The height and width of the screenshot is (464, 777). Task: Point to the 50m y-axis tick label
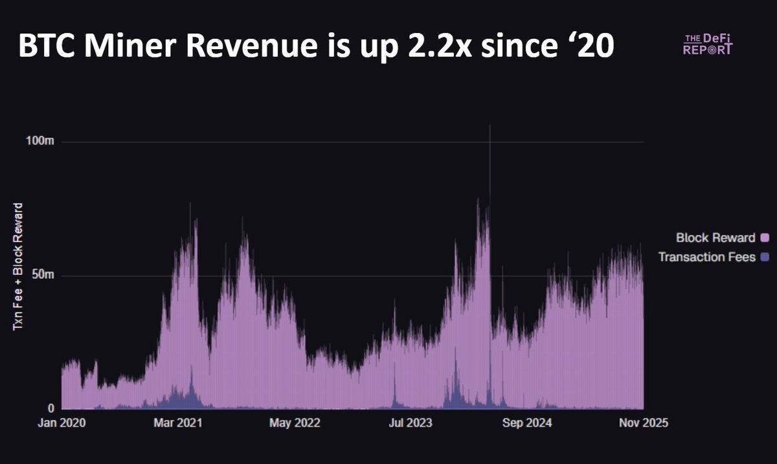(x=43, y=276)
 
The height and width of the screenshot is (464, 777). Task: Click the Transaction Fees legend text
(x=706, y=257)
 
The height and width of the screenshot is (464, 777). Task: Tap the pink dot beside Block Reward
(x=765, y=238)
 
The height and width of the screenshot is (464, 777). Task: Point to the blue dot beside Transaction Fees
(x=765, y=257)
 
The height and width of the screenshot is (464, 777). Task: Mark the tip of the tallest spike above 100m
(x=490, y=126)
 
